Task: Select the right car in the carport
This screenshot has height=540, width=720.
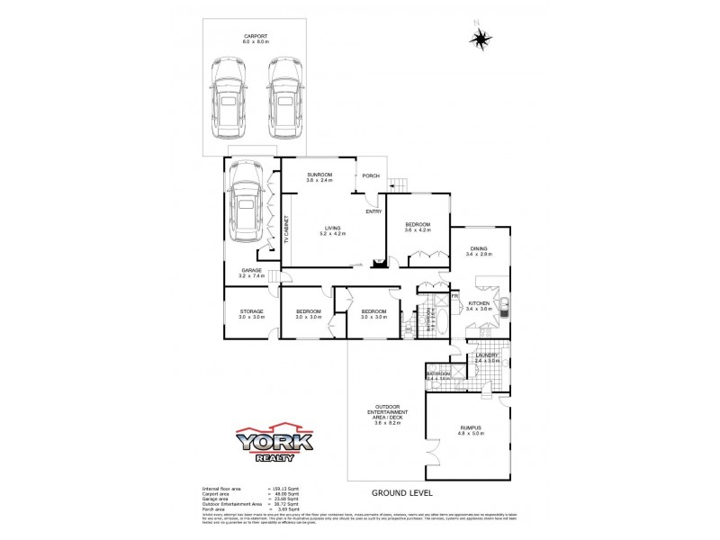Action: [x=283, y=95]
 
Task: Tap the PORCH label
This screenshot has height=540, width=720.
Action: [x=370, y=175]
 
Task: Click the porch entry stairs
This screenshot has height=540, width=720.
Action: [x=398, y=185]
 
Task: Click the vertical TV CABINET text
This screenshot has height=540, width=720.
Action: [x=286, y=230]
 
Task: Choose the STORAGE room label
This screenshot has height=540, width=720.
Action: [x=251, y=311]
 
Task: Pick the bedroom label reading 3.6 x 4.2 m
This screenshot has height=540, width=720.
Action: [x=418, y=226]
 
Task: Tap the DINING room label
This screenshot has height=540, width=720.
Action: [x=478, y=249]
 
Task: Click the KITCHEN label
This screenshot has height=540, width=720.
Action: [x=478, y=304]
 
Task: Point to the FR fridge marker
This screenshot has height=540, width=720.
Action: [x=454, y=294]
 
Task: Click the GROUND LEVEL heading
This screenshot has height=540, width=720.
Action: [x=402, y=493]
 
